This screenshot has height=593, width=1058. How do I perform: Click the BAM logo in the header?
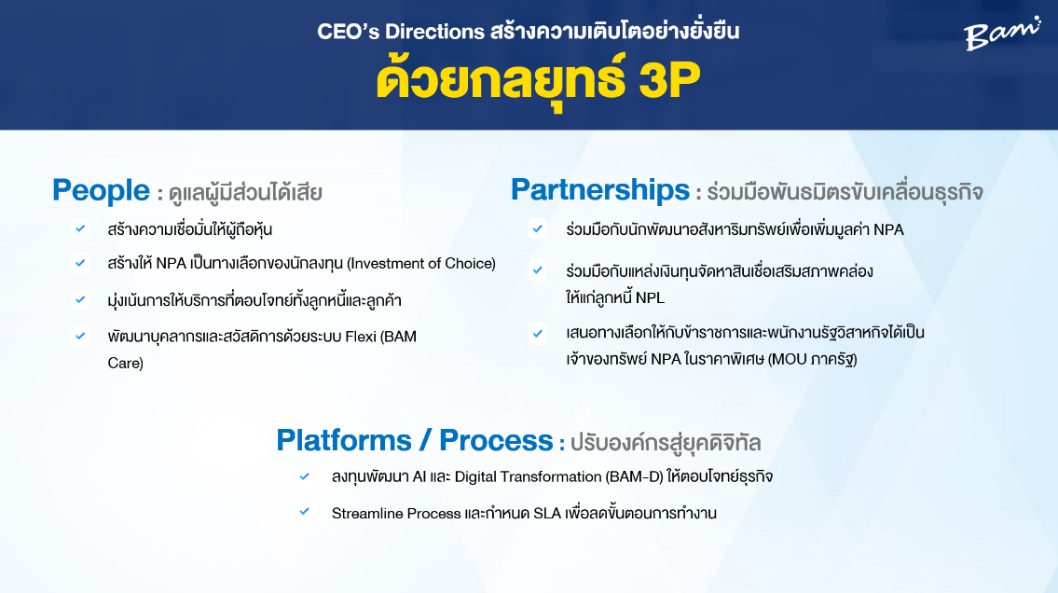(1001, 34)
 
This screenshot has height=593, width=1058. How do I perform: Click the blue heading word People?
(102, 190)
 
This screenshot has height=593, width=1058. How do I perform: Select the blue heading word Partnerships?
(600, 189)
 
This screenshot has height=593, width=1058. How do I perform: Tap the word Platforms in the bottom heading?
(343, 440)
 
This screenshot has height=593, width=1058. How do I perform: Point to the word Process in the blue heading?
(496, 440)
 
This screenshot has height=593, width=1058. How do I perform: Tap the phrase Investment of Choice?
(421, 264)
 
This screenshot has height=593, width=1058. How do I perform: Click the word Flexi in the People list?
(361, 337)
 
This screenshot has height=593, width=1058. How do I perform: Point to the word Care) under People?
(126, 363)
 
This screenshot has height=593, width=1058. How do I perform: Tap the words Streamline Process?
(396, 514)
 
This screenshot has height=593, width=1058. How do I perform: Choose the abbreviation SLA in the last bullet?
(547, 514)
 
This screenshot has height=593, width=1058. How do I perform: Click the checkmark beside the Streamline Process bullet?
(304, 512)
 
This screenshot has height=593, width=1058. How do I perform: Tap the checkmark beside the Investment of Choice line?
(80, 262)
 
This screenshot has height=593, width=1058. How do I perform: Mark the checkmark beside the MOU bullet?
(538, 333)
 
